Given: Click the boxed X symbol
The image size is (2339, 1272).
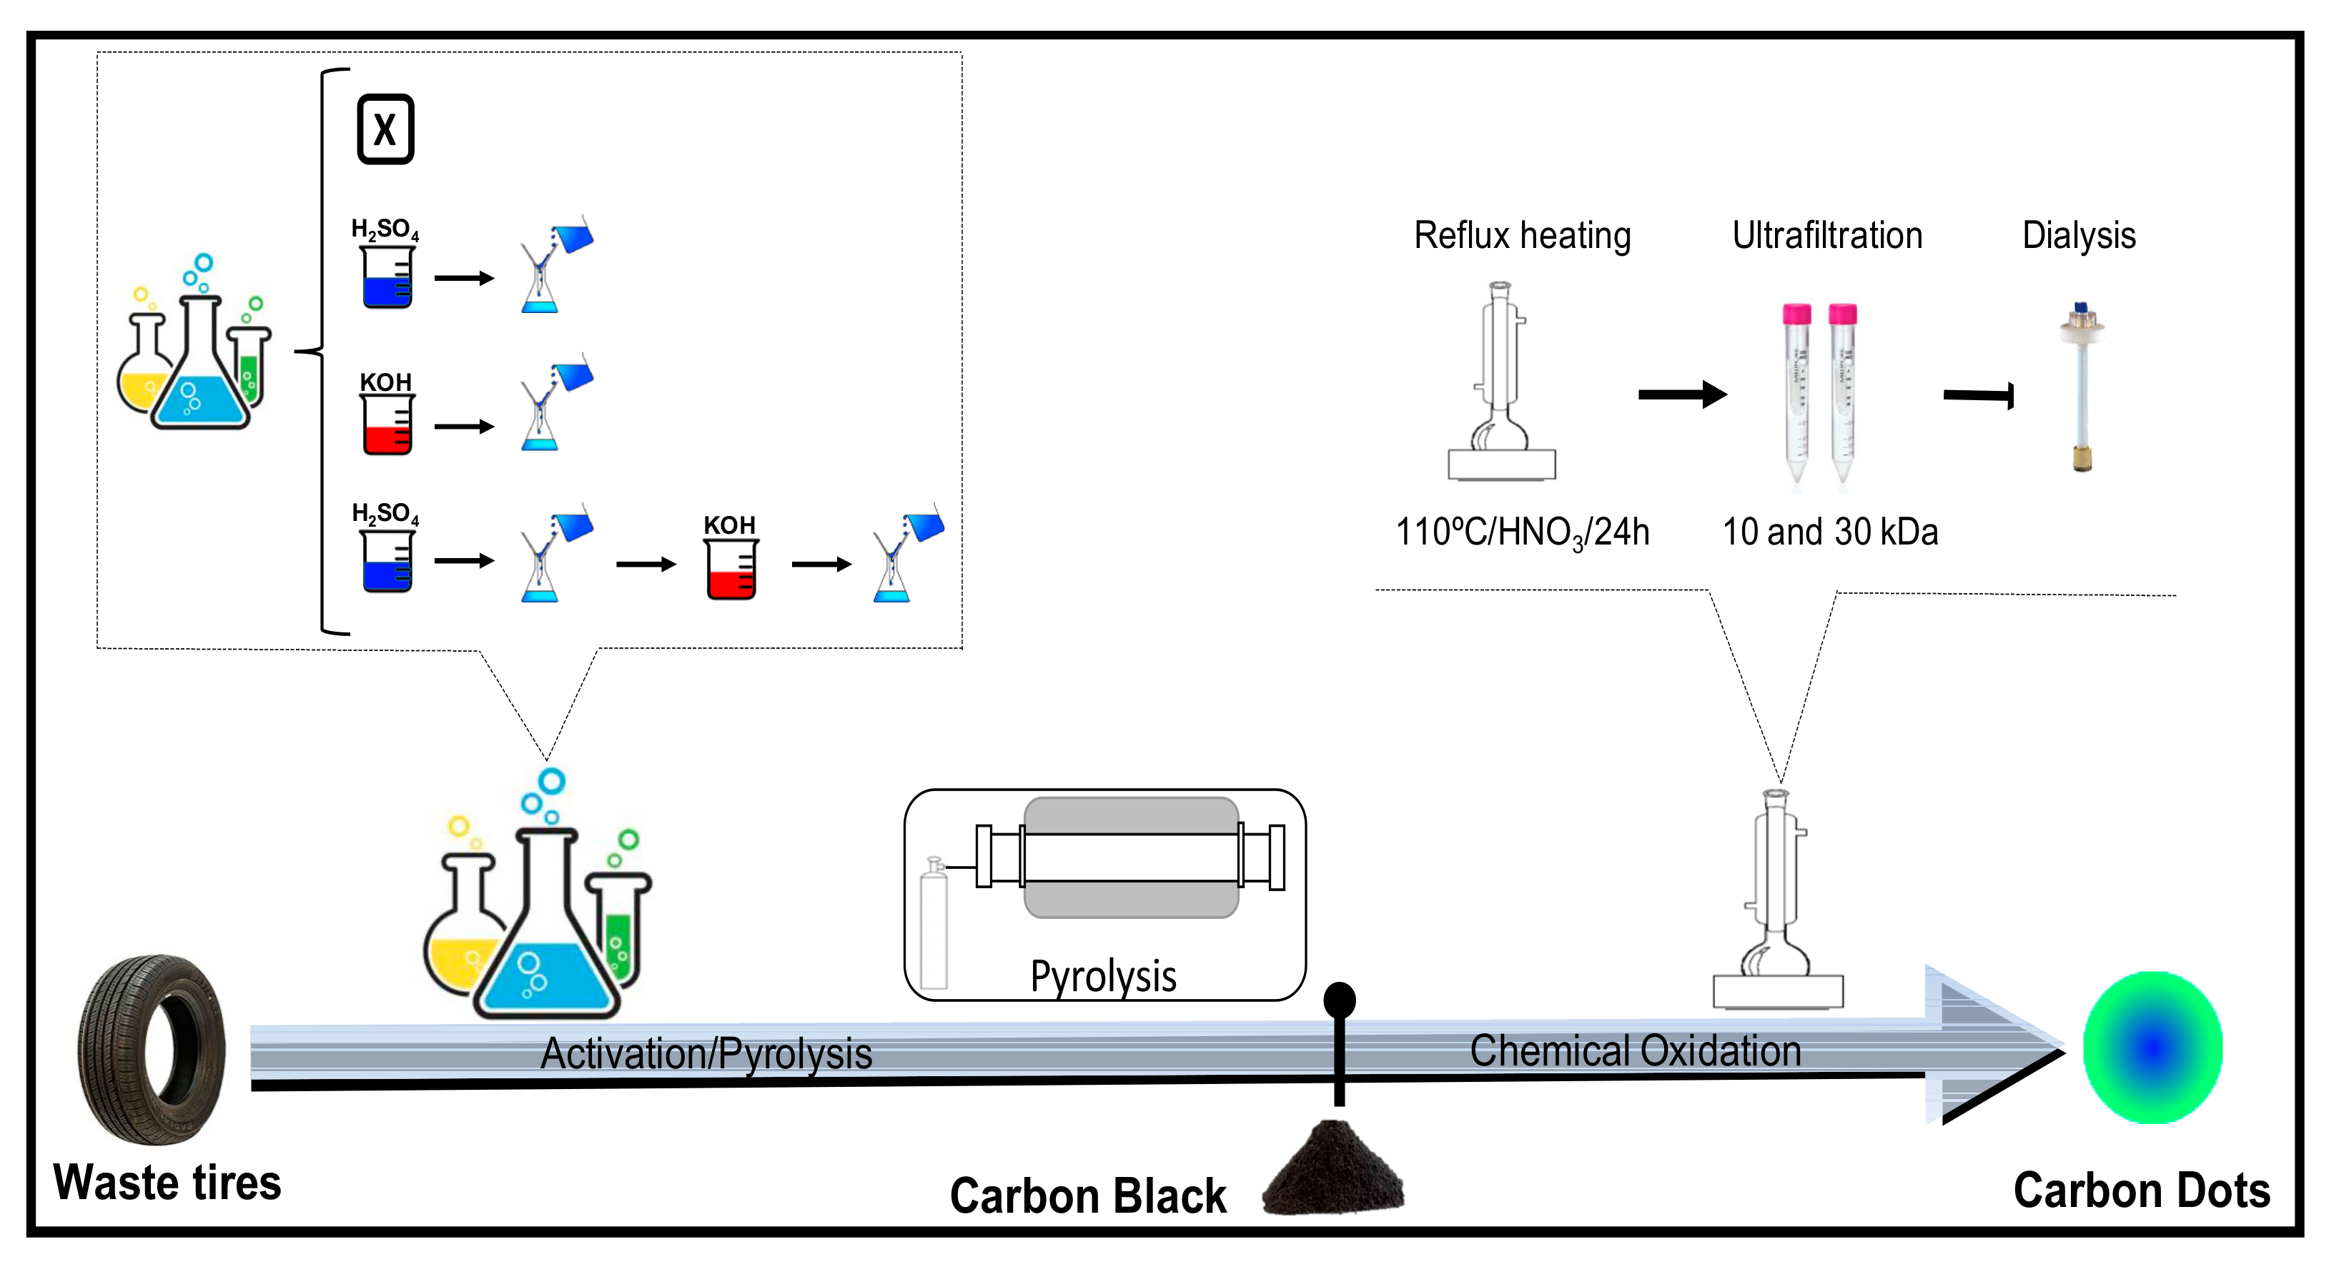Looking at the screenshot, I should pos(385,129).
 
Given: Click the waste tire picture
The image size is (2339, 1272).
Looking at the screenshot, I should pos(152,1048).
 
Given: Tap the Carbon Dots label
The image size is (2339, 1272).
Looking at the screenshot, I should pos(2141,1191).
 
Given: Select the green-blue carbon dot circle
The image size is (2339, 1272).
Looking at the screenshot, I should pos(2152,1047).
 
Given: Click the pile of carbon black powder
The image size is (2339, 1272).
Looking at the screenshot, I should pos(1333,1171).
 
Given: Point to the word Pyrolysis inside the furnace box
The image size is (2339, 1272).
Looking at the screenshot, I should pos(1103,977).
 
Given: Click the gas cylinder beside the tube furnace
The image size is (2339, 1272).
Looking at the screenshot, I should pos(934,926).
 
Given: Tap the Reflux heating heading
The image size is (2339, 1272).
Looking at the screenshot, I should pos(1522,235).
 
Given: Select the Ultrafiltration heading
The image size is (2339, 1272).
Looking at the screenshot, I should pos(1827,235).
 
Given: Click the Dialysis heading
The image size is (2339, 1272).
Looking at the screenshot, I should pos(2078,235).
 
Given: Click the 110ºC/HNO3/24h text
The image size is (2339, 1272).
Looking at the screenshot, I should pos(1522,533).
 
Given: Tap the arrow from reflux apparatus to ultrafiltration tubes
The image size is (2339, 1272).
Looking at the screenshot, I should pos(1681,394).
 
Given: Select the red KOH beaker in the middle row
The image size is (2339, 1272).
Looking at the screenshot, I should pos(387,425).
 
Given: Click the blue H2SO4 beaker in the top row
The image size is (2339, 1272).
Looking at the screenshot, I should pos(387,278).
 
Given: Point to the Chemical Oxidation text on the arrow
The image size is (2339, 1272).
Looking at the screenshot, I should pos(1634,1051).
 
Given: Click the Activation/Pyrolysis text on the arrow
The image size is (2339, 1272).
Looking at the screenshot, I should pos(706,1054).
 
